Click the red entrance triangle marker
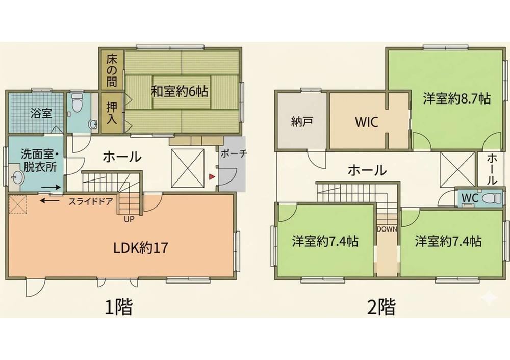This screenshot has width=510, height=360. pyautogui.click(x=212, y=176)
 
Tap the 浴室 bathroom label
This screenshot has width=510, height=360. pyautogui.click(x=41, y=114)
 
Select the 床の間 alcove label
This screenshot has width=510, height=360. pyautogui.click(x=112, y=71)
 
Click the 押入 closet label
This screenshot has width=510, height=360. pyautogui.click(x=112, y=113)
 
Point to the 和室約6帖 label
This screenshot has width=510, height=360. pyautogui.click(x=179, y=91)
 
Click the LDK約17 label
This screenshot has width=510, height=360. pyautogui.click(x=141, y=248)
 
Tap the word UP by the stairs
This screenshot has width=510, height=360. pyautogui.click(x=129, y=219)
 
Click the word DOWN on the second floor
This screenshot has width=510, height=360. pyautogui.click(x=387, y=229)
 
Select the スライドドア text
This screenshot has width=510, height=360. pyautogui.click(x=90, y=201)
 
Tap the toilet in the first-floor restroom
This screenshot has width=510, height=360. pyautogui.click(x=77, y=102)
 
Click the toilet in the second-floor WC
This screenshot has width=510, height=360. pyautogui.click(x=492, y=198)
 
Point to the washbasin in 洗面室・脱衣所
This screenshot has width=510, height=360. pyautogui.click(x=17, y=178)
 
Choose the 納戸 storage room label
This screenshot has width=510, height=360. pyautogui.click(x=301, y=122)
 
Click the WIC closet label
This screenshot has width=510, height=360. pyautogui.click(x=367, y=122)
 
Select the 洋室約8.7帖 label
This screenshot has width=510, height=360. pyautogui.click(x=457, y=98)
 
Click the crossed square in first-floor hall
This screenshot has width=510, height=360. pyautogui.click(x=188, y=168)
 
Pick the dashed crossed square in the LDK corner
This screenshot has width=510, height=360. pyautogui.click(x=17, y=204)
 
